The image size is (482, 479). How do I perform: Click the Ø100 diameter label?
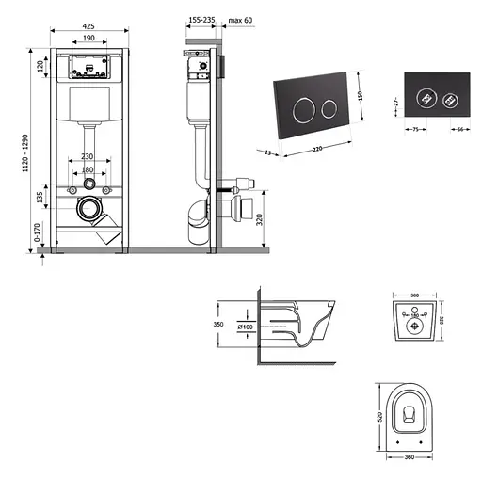[x=244, y=327]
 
